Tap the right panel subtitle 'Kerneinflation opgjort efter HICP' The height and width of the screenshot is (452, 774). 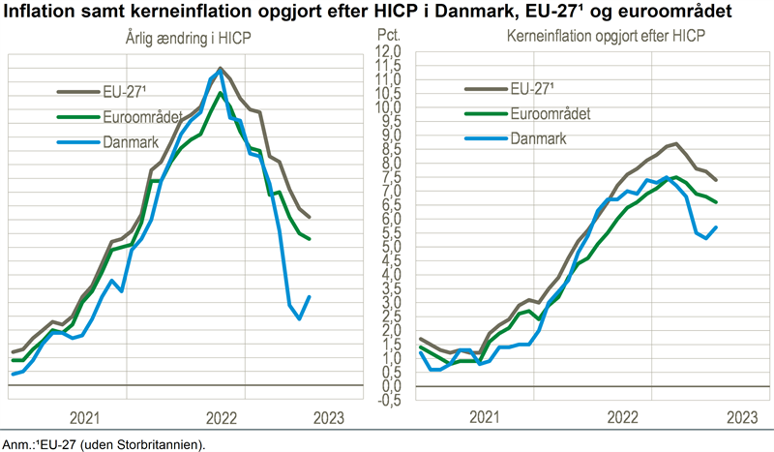[592, 39]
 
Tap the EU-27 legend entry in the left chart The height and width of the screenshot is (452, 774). [122, 93]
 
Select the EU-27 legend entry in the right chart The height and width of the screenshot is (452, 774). [531, 88]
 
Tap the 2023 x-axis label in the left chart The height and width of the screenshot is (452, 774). [327, 418]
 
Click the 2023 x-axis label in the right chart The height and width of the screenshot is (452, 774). [740, 418]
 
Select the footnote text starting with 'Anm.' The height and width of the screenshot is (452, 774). [104, 444]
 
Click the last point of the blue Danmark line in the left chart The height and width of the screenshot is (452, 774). [309, 296]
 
